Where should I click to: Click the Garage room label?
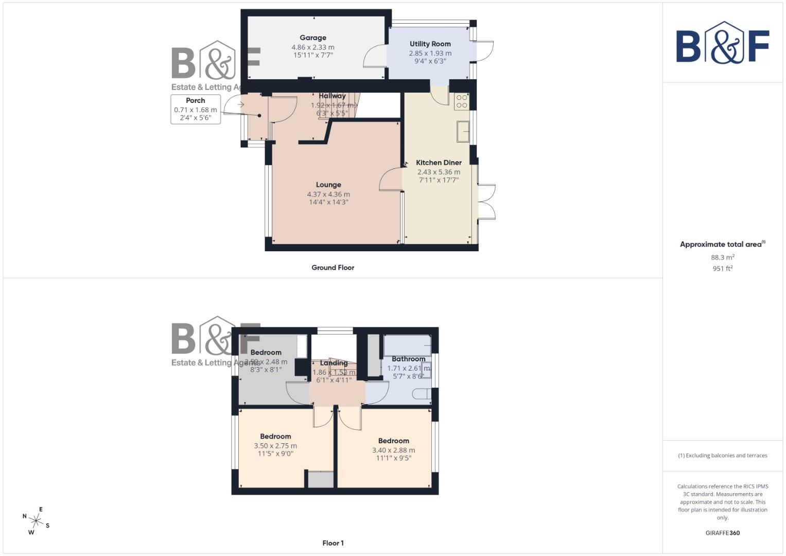(313, 38)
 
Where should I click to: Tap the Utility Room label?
(430, 44)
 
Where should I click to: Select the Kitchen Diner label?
(439, 163)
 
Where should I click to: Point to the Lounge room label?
(328, 185)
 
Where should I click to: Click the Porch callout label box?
(196, 109)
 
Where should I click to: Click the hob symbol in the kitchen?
(461, 101)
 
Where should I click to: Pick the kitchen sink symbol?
(463, 131)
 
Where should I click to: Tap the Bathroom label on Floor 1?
(408, 359)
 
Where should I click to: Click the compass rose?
(36, 521)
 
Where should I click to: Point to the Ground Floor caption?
(333, 268)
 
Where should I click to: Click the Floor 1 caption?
(333, 543)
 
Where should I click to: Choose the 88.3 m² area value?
(722, 257)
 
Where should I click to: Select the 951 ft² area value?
(722, 268)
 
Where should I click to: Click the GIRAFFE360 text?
(722, 533)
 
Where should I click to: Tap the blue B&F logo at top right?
(722, 43)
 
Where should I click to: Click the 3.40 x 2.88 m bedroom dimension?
(393, 450)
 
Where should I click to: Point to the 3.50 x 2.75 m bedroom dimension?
(275, 446)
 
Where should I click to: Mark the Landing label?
(334, 363)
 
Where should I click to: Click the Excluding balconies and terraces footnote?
(722, 456)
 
